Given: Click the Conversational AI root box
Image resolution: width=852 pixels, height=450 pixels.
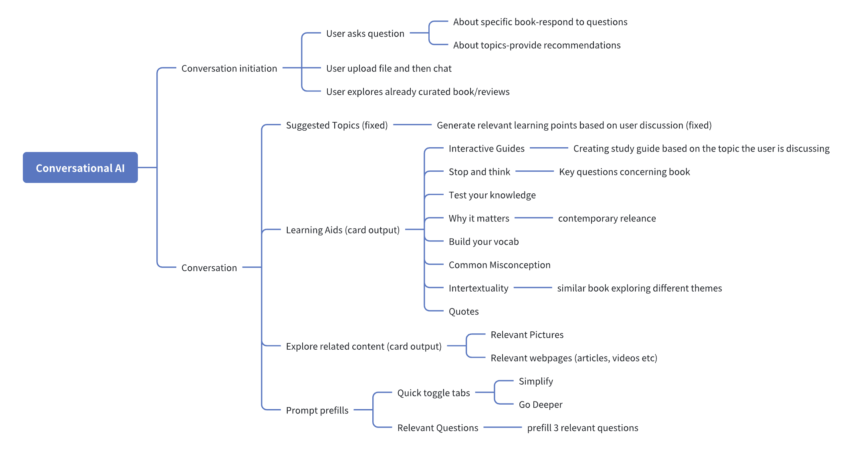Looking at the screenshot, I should click(x=80, y=168).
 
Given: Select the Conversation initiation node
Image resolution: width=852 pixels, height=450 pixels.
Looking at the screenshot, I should click(x=229, y=69).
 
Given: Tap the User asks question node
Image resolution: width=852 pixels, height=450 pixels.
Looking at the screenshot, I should click(x=365, y=34).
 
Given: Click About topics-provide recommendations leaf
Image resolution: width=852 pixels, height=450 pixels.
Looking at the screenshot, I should click(x=536, y=45).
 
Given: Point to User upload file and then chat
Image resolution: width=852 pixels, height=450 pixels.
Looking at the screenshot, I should click(x=388, y=69).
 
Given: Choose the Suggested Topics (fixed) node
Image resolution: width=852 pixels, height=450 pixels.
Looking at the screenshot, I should click(x=337, y=126).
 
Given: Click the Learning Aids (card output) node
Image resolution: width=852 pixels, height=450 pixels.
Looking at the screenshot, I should click(x=343, y=230).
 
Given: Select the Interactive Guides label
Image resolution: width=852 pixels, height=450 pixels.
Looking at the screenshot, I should click(x=486, y=149).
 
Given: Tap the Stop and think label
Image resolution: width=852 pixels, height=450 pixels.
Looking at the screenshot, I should click(x=479, y=172).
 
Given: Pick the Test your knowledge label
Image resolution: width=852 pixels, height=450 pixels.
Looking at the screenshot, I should click(x=492, y=195).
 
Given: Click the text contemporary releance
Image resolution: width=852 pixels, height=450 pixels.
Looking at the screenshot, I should click(x=607, y=219).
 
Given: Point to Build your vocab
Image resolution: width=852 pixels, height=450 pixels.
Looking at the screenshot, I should click(x=483, y=242).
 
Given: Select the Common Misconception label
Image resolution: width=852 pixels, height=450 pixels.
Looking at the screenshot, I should click(x=499, y=265).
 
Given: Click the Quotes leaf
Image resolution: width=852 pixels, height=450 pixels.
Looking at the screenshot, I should click(x=463, y=312).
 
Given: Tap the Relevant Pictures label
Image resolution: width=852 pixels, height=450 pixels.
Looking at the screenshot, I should click(x=527, y=335).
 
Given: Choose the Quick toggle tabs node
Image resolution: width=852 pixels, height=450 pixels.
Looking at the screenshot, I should click(x=433, y=393).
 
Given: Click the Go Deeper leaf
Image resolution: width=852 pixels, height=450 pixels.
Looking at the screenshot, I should click(x=540, y=405).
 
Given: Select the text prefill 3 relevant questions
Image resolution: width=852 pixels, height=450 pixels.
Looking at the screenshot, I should click(x=582, y=428).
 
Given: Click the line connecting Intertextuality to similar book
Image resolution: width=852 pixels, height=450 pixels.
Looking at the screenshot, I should click(x=533, y=288).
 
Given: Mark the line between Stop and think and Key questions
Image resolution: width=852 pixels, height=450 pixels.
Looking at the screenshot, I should click(x=534, y=171).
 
